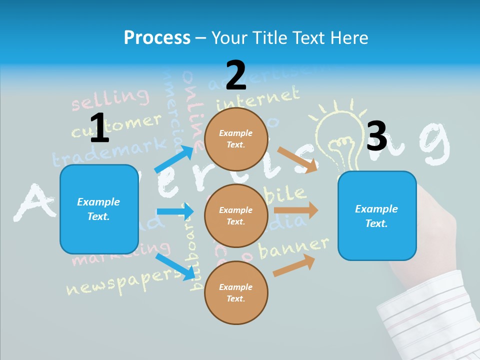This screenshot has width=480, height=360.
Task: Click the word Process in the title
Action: point(157,37)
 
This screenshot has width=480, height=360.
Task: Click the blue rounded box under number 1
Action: point(99,209)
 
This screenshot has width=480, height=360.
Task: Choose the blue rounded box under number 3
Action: point(377,215)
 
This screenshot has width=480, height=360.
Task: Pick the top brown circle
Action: point(236,139)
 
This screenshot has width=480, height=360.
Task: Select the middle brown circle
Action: point(236,215)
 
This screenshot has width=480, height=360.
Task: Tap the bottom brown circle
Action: point(236,292)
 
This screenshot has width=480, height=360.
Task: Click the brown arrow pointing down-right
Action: point(297,160)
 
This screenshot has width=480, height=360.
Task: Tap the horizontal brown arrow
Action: point(295,210)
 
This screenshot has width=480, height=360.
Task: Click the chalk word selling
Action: point(110,99)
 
